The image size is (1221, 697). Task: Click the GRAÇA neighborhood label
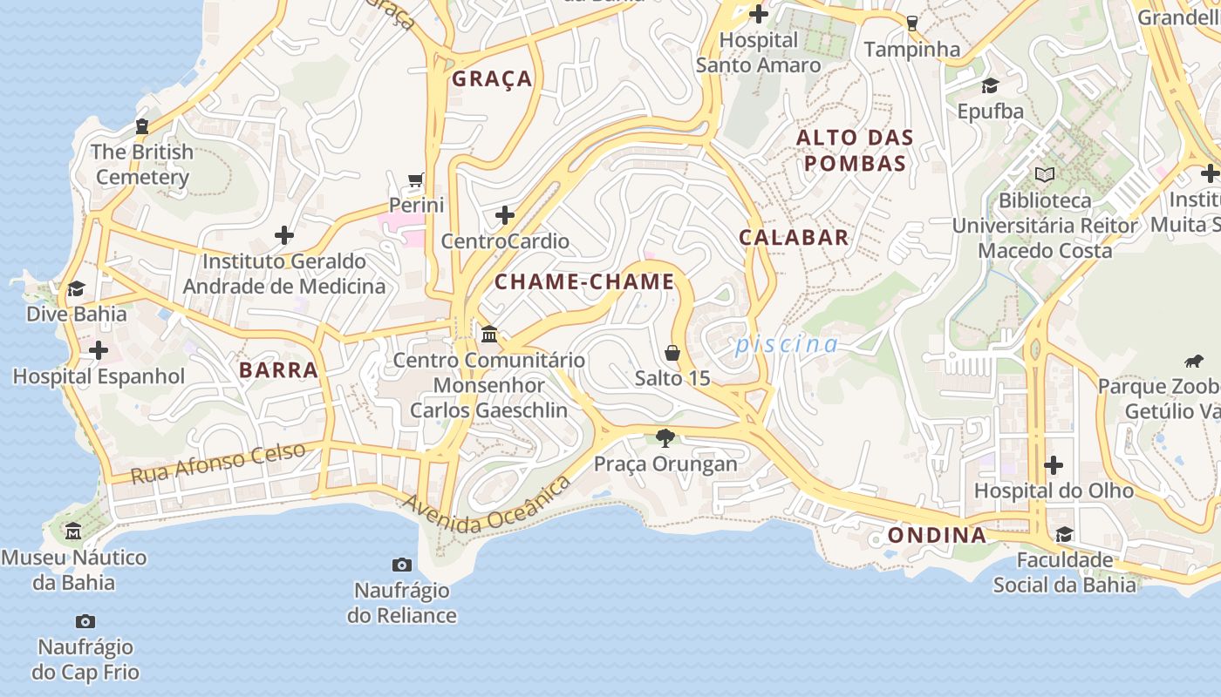point(492,79)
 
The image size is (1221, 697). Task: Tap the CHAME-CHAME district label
point(584,281)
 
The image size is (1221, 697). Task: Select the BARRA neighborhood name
point(278,370)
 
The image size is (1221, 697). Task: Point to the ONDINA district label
point(937,535)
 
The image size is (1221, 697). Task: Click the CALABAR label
point(794,238)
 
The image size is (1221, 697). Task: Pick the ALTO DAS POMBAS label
point(855,150)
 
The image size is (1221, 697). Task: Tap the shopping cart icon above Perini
point(416,180)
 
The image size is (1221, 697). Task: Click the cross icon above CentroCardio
point(505,215)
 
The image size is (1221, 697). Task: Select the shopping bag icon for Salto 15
point(672,353)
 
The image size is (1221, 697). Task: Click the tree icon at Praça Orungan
point(665,437)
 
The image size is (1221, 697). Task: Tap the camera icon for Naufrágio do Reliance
point(401,565)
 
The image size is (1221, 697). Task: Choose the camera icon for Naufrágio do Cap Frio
point(85,621)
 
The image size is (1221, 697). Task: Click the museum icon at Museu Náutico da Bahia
point(73,531)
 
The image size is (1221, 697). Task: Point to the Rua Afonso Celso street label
point(218,464)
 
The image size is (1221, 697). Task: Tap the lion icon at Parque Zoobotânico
point(1193,361)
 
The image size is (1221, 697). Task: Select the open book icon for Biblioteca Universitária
point(1044,174)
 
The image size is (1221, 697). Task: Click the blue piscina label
point(786,344)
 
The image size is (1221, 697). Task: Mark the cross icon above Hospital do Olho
point(1054,465)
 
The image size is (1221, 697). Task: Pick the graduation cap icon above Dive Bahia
point(77,288)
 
